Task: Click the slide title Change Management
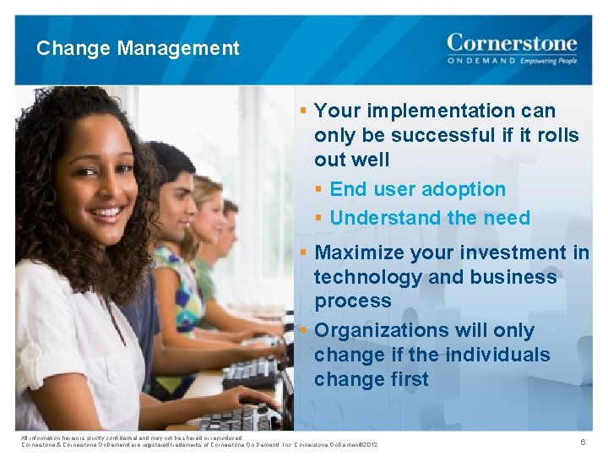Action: pyautogui.click(x=138, y=49)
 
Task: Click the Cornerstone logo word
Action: pyautogui.click(x=512, y=43)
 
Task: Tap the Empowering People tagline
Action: pyautogui.click(x=548, y=62)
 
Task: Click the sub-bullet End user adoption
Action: pyautogui.click(x=417, y=189)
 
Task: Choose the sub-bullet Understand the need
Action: pyautogui.click(x=430, y=218)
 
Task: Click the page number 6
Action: pyautogui.click(x=582, y=442)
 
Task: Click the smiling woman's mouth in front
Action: pyautogui.click(x=107, y=212)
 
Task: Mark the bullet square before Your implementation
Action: pyautogui.click(x=302, y=111)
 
